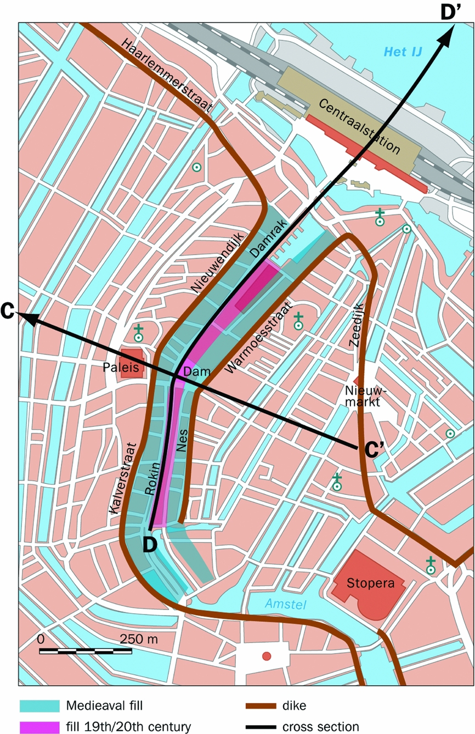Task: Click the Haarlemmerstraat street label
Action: [x=167, y=76]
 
